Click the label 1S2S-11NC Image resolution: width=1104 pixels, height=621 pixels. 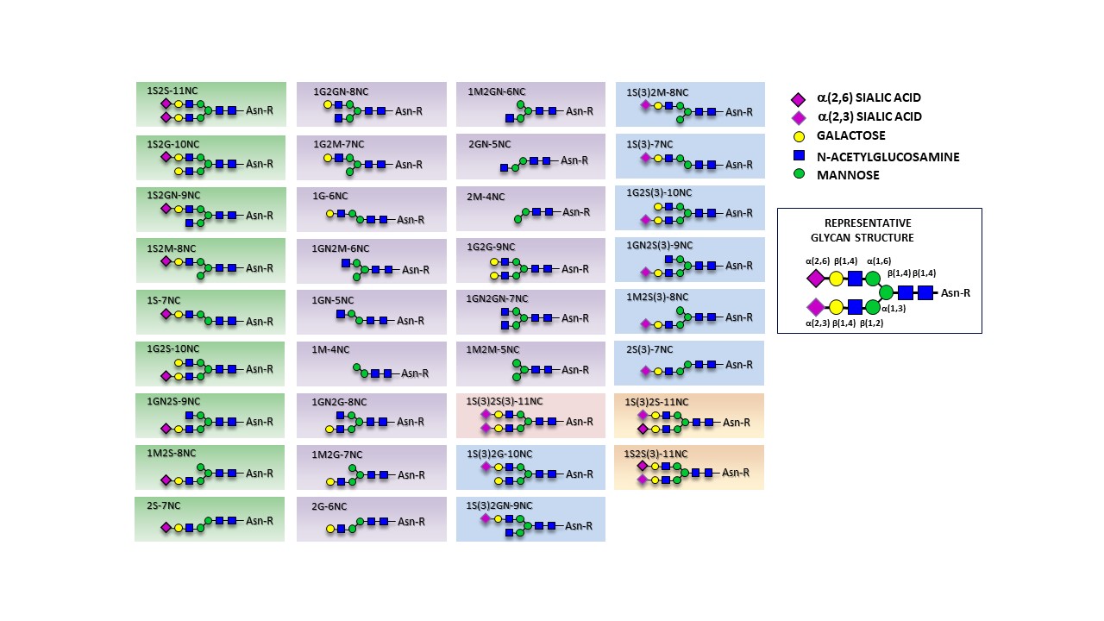172,90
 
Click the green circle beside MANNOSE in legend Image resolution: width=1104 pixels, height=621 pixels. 799,174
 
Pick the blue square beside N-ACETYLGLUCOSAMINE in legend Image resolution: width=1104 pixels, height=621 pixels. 799,155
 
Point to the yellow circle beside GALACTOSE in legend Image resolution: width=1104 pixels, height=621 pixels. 799,135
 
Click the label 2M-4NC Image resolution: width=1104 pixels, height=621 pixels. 486,197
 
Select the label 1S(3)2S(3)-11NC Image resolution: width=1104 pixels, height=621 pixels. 505,401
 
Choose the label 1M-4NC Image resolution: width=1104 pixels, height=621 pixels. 331,349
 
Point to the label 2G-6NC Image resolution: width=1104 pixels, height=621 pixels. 329,506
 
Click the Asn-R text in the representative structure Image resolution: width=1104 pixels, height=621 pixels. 956,293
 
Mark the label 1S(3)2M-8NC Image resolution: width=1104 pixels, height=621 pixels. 658,92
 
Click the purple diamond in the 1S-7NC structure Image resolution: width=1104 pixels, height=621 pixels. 166,314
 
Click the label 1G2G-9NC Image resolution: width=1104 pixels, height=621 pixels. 491,247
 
